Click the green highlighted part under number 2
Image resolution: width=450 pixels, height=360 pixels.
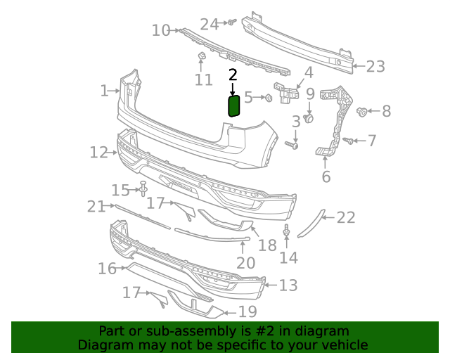234,105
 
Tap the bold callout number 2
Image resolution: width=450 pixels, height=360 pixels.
233,75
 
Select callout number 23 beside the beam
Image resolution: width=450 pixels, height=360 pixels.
376,67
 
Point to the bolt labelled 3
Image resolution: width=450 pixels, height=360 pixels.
292,146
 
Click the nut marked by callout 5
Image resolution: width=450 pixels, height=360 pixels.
268,98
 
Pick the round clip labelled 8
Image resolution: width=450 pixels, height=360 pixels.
363,110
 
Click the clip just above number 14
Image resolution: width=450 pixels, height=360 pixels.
287,231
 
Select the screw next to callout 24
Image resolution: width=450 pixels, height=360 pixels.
230,23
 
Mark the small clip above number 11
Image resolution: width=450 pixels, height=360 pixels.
201,56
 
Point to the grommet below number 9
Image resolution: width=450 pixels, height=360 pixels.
309,117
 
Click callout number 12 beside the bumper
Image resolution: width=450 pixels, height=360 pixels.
99,152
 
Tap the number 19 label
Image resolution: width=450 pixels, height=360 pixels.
247,311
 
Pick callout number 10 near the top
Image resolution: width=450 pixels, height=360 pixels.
161,30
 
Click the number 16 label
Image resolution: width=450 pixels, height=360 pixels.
107,269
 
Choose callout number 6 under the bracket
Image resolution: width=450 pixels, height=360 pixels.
326,176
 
